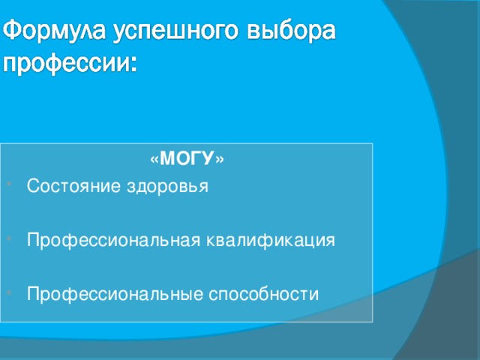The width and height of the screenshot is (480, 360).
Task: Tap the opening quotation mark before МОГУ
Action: pyautogui.click(x=154, y=160)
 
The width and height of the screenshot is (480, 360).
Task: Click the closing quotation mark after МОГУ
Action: pyautogui.click(x=219, y=160)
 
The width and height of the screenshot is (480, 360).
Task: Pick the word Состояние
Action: pyautogui.click(x=65, y=186)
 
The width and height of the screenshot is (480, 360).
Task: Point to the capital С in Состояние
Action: pyautogui.click(x=32, y=186)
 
